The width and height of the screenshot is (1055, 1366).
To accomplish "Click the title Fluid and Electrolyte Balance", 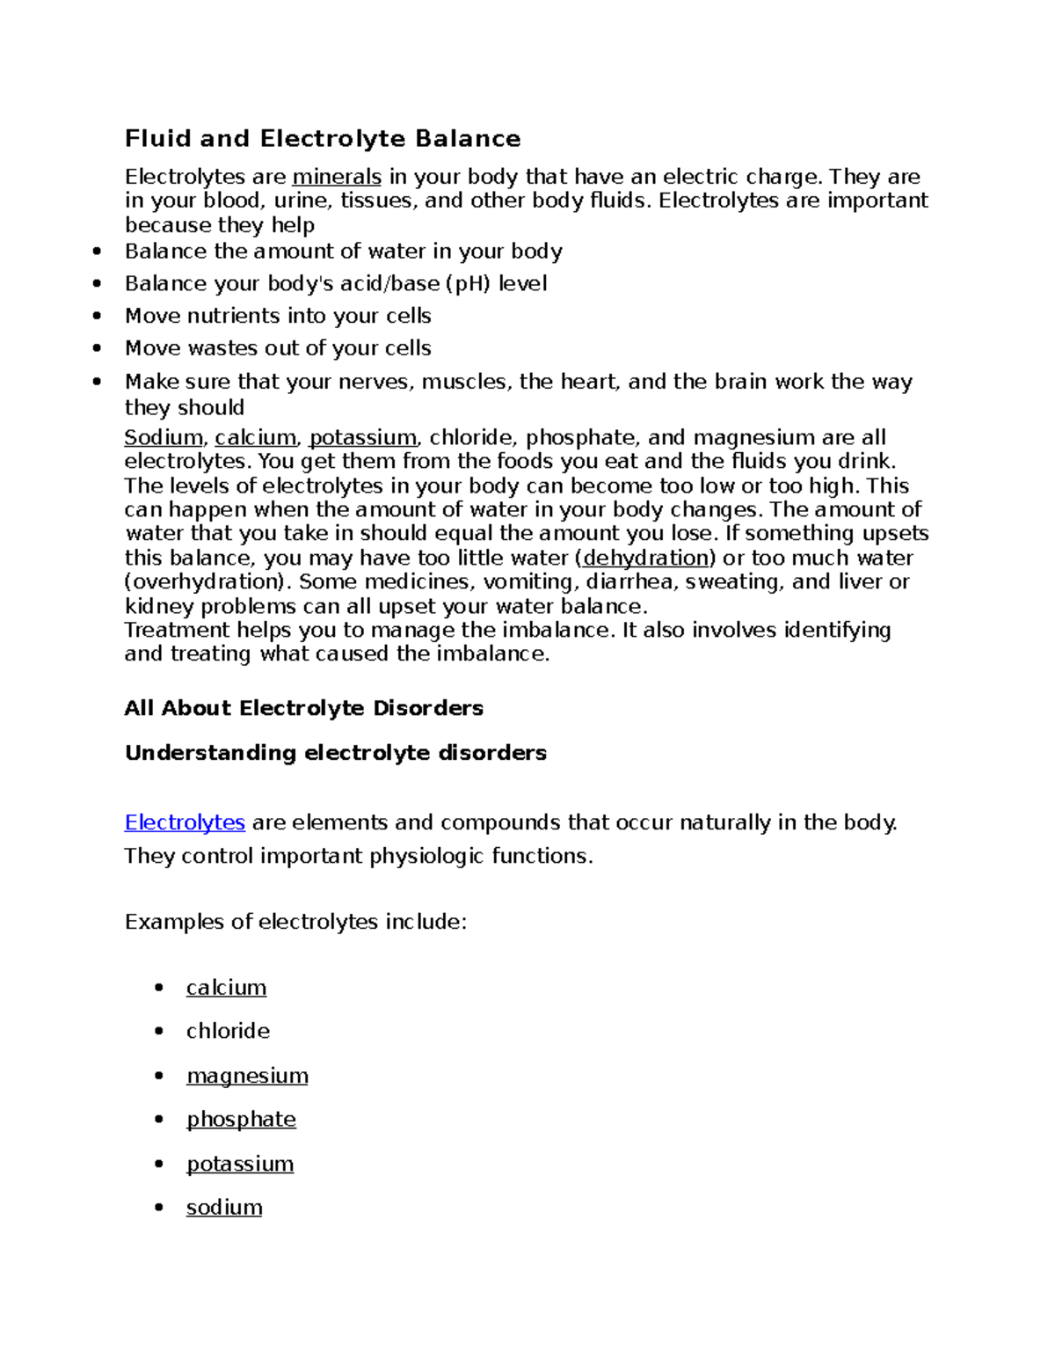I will pyautogui.click(x=323, y=139).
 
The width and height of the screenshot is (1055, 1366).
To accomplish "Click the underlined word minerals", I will pyautogui.click(x=337, y=177).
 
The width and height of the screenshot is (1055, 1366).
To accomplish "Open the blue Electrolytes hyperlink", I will pyautogui.click(x=185, y=822).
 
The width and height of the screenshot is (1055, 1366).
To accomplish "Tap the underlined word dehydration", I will pyautogui.click(x=645, y=558).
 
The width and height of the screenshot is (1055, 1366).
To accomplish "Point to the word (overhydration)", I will pyautogui.click(x=205, y=581).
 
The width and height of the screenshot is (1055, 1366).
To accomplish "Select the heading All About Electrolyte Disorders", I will pyautogui.click(x=304, y=708).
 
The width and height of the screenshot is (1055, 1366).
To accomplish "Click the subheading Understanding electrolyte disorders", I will pyautogui.click(x=336, y=753).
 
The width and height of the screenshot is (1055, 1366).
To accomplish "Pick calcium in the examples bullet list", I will pyautogui.click(x=226, y=988).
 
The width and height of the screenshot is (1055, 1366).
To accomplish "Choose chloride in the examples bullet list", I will pyautogui.click(x=228, y=1031).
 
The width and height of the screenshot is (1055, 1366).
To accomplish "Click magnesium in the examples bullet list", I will pyautogui.click(x=247, y=1076).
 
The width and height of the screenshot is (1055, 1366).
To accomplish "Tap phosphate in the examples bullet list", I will pyautogui.click(x=241, y=1119).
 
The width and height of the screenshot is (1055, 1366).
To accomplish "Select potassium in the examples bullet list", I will pyautogui.click(x=240, y=1164).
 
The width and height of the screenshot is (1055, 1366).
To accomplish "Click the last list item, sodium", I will pyautogui.click(x=224, y=1207).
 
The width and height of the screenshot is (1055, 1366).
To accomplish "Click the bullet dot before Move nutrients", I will pyautogui.click(x=97, y=316).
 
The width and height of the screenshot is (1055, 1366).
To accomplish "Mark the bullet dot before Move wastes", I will pyautogui.click(x=97, y=348).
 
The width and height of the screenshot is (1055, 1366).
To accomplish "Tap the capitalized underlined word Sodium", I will pyautogui.click(x=164, y=437).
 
